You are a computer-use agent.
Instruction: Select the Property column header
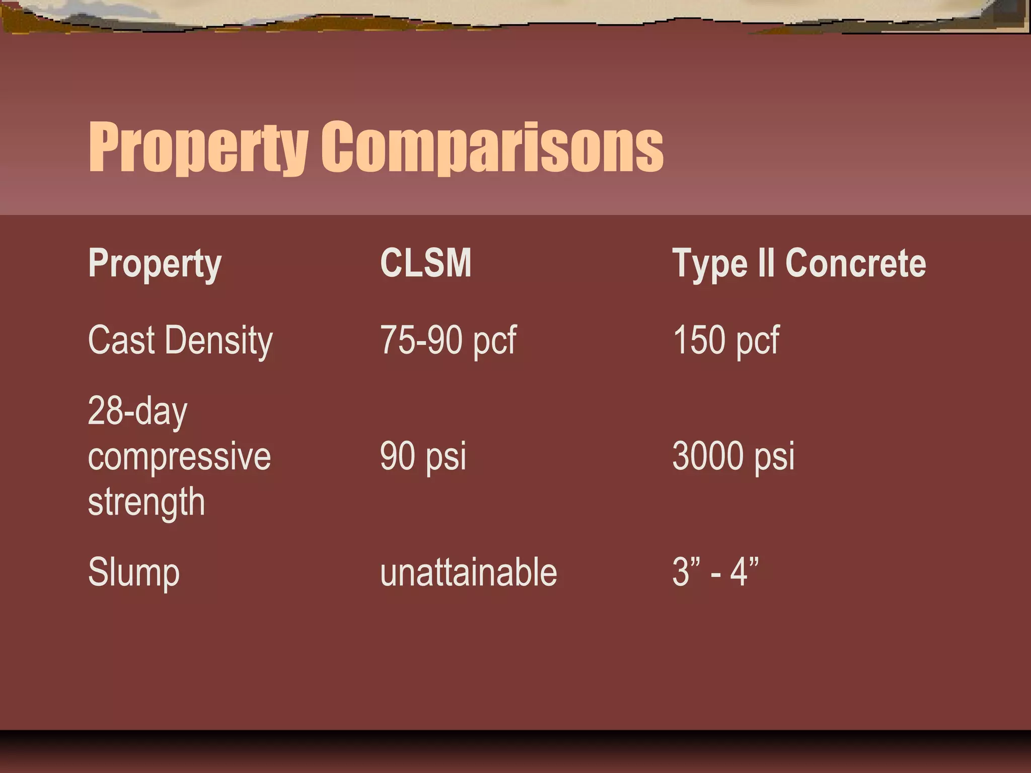[155, 263]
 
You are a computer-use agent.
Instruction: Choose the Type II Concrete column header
[799, 263]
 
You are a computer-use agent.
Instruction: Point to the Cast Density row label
[180, 341]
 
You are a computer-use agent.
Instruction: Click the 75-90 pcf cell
[448, 341]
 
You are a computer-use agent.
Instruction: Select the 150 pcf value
[725, 341]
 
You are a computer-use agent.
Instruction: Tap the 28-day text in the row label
[137, 411]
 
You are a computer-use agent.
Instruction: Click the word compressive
[179, 456]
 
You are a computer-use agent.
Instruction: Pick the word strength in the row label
[146, 502]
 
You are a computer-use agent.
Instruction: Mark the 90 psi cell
[423, 456]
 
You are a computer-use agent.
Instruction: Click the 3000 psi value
[733, 456]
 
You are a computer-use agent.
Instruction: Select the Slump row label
[133, 573]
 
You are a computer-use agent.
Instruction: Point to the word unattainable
[468, 573]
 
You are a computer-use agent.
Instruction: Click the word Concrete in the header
[855, 263]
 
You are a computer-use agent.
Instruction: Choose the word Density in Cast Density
[218, 341]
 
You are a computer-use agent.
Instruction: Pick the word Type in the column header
[710, 263]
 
